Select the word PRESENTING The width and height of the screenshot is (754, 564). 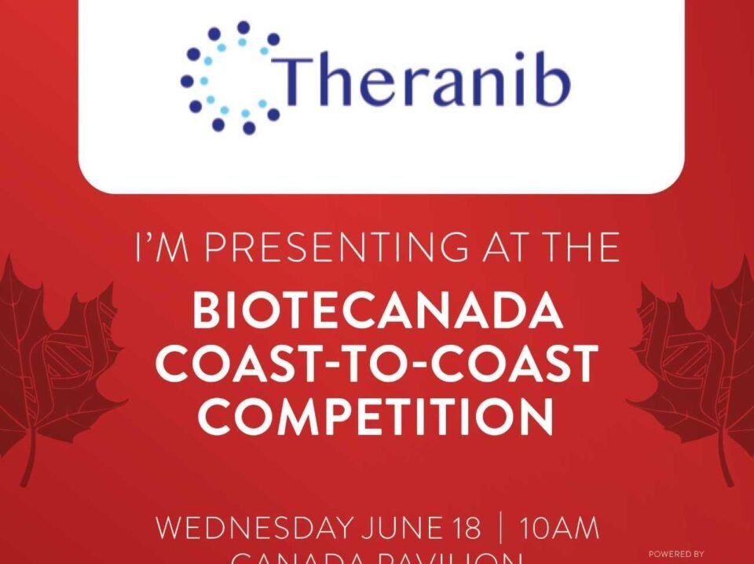(342, 250)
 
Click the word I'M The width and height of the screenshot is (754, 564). (163, 250)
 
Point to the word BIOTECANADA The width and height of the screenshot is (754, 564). (377, 313)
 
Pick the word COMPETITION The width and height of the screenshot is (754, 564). (375, 416)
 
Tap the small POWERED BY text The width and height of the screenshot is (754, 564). (676, 554)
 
